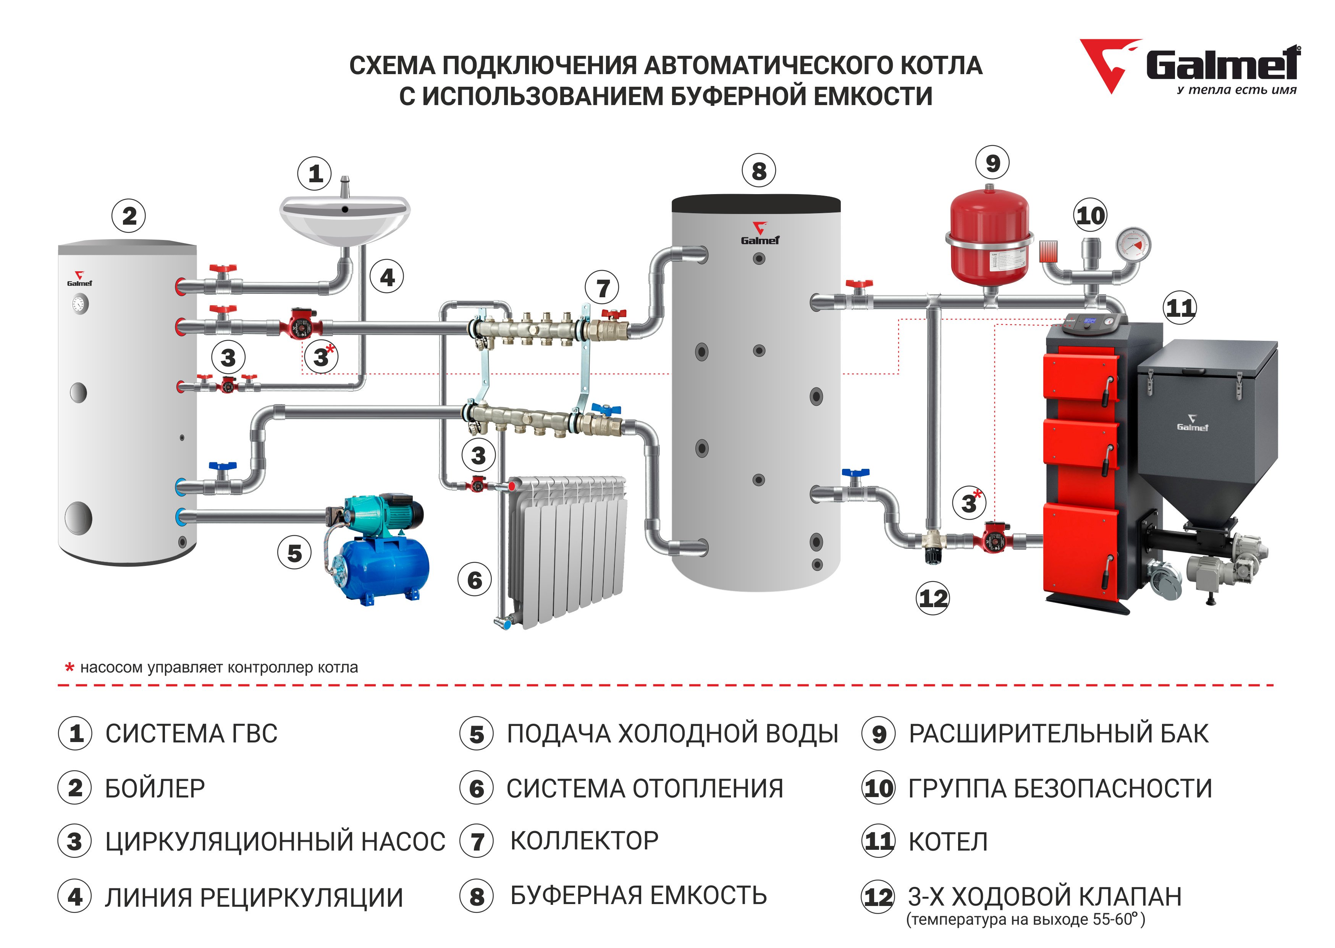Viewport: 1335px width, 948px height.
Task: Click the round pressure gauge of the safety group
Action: tap(1133, 245)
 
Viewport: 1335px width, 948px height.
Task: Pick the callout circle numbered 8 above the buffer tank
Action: tap(759, 171)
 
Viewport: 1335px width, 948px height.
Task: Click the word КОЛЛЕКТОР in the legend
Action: tap(584, 841)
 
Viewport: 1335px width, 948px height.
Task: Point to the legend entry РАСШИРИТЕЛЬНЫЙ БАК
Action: tap(1059, 734)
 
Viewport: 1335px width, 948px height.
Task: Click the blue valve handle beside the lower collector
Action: tap(606, 408)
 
